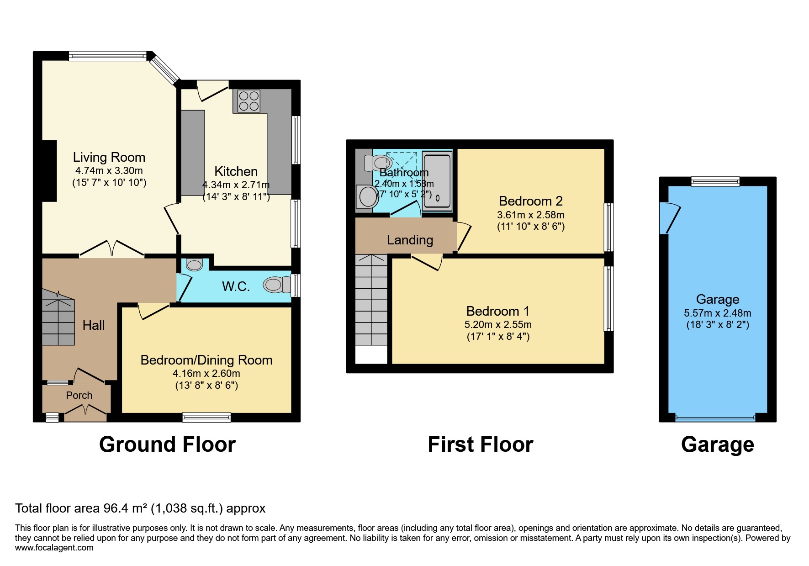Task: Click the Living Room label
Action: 109,157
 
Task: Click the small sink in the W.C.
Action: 195,264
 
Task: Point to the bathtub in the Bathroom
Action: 437,181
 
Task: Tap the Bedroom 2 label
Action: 531,201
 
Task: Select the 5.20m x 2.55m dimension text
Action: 498,325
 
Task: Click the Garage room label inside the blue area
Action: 718,300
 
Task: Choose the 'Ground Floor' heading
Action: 167,444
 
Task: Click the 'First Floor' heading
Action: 481,444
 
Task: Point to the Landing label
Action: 410,240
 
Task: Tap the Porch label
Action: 79,395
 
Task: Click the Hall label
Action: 94,325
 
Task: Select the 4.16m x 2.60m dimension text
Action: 206,374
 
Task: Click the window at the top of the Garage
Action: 715,181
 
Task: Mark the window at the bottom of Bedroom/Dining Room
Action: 206,417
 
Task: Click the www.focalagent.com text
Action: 54,548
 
